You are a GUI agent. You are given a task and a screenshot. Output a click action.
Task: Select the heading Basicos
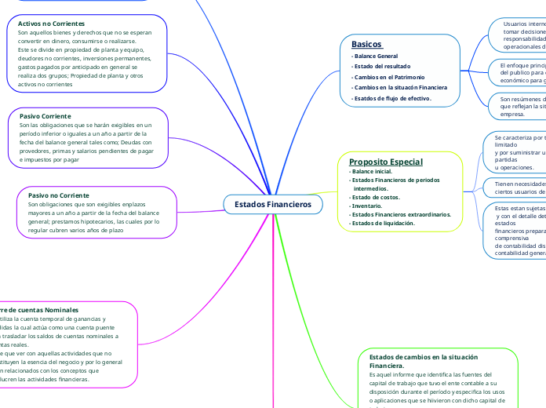click(366, 44)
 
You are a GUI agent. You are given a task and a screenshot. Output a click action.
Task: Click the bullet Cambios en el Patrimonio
click(389, 77)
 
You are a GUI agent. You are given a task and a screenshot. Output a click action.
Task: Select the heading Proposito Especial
click(385, 162)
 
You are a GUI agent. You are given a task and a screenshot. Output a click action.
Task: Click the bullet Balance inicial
click(371, 171)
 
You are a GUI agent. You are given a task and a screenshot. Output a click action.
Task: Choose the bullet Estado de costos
click(374, 197)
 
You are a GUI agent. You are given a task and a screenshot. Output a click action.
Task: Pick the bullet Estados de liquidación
click(381, 223)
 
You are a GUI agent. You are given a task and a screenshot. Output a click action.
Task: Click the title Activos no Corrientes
click(52, 24)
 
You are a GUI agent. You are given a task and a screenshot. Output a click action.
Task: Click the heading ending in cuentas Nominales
click(39, 310)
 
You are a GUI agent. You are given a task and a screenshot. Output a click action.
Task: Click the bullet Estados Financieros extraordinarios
click(399, 214)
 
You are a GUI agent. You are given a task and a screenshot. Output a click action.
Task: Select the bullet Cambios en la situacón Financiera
click(399, 87)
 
